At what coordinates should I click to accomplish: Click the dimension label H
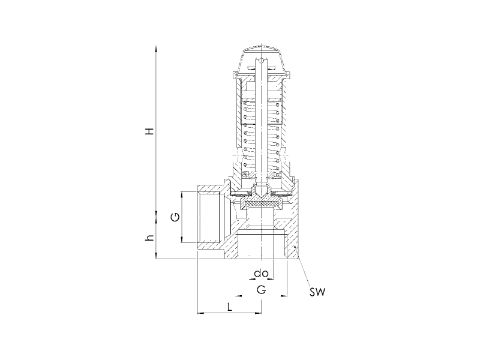(149, 131)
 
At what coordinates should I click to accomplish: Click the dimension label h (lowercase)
(149, 237)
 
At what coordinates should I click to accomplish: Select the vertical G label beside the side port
(175, 217)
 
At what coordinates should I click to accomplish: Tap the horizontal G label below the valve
(261, 289)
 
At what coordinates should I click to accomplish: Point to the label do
(261, 273)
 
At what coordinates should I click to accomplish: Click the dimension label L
(230, 306)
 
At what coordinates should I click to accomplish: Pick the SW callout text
(317, 292)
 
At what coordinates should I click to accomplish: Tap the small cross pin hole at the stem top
(261, 61)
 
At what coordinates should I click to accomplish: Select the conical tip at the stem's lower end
(261, 192)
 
